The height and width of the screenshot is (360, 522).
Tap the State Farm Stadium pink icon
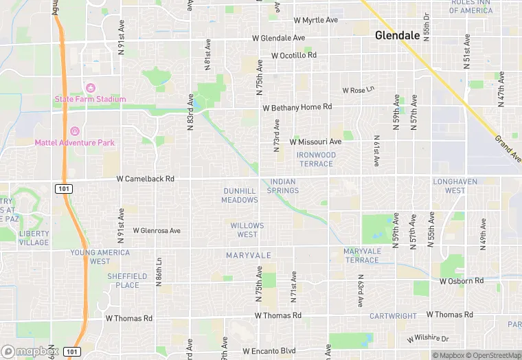pyautogui.click(x=90, y=88)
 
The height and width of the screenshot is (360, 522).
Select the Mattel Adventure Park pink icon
pyautogui.click(x=75, y=131)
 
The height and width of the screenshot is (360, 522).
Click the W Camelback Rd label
pyautogui.click(x=146, y=179)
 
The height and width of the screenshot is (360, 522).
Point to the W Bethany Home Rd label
pyautogui.click(x=297, y=107)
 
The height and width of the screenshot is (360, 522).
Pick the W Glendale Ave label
pyautogui.click(x=278, y=38)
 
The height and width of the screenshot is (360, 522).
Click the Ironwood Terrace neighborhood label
pyautogui.click(x=317, y=159)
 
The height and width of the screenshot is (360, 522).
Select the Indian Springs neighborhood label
pyautogui.click(x=283, y=186)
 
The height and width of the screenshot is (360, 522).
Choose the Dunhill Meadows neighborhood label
pyautogui.click(x=240, y=195)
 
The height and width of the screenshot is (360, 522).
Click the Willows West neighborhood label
pyautogui.click(x=247, y=230)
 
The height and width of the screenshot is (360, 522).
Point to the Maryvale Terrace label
pyautogui.click(x=361, y=256)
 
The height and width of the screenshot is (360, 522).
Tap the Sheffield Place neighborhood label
pyautogui.click(x=127, y=280)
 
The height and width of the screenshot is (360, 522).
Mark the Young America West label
pyautogui.click(x=100, y=257)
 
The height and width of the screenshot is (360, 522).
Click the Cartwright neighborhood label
pyautogui.click(x=393, y=316)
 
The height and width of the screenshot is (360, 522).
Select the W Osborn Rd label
pyautogui.click(x=462, y=281)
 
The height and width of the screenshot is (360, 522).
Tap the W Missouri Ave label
pyautogui.click(x=315, y=142)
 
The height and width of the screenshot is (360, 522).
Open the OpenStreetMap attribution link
pyautogui.click(x=491, y=355)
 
